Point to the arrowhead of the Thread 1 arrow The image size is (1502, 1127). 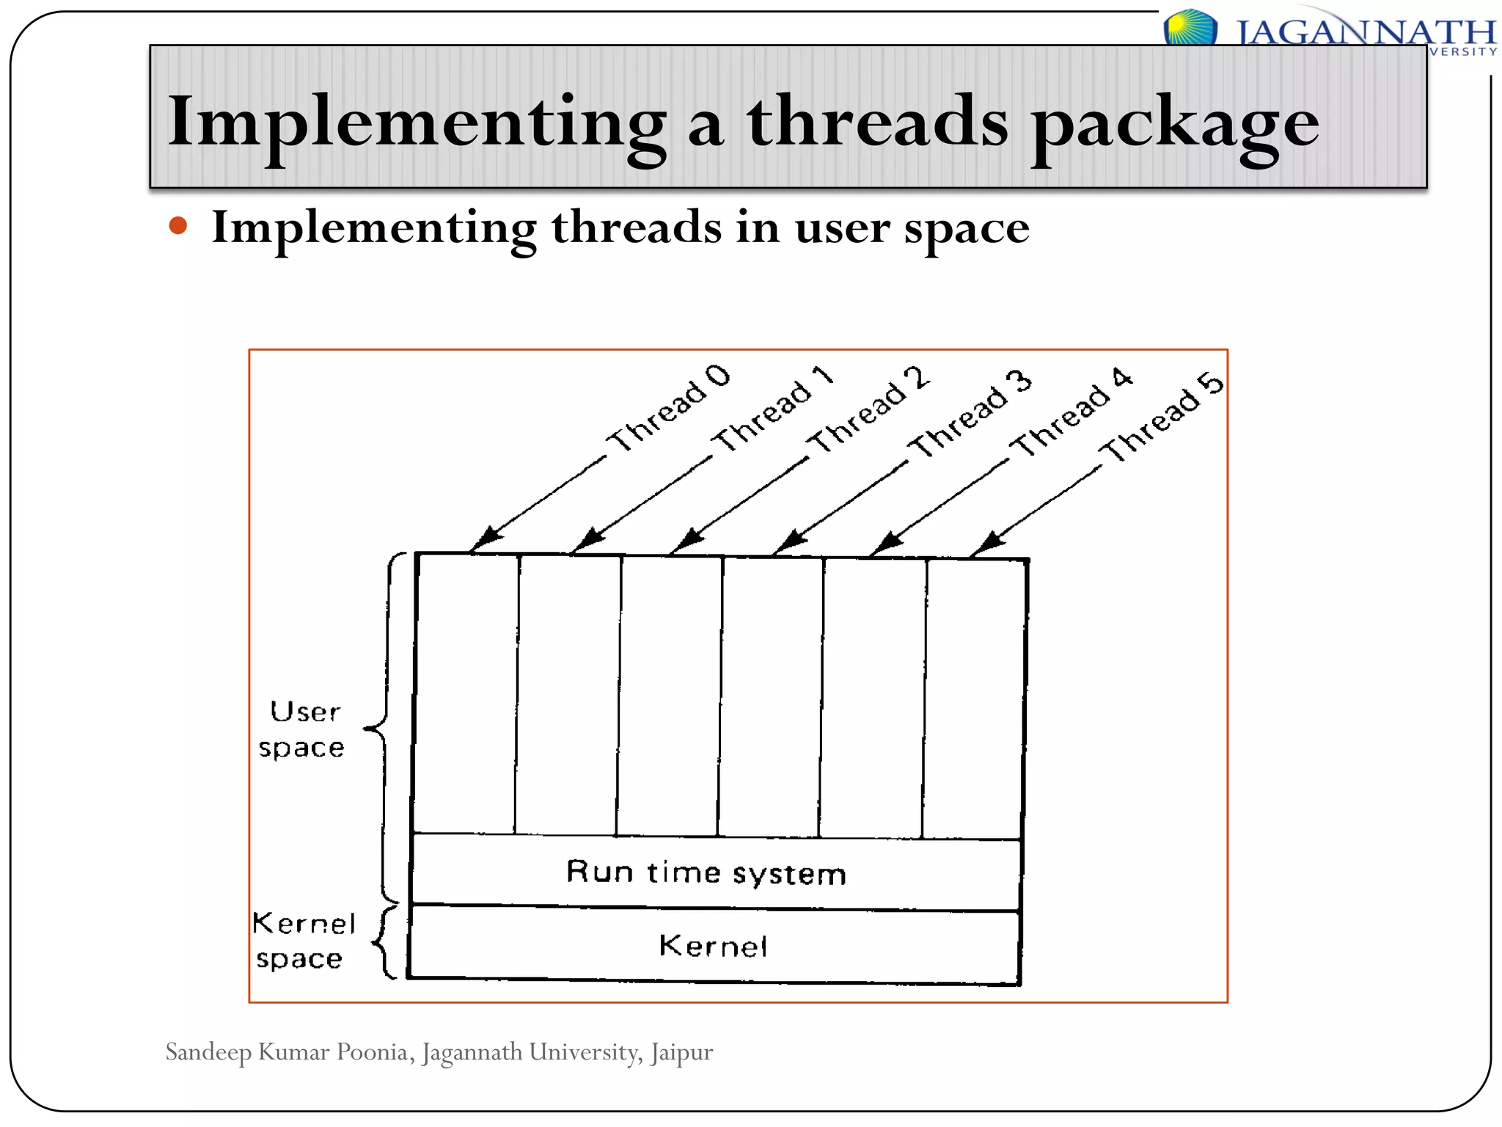587,541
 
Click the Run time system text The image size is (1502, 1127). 706,872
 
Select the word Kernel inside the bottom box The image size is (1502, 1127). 713,946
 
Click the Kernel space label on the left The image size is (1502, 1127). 302,941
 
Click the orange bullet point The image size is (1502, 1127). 178,225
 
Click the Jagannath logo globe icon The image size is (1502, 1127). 1190,28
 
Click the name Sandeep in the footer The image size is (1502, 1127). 208,1052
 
